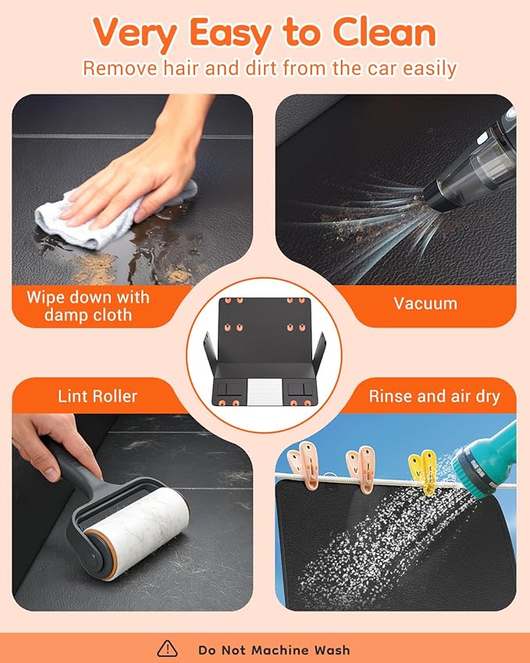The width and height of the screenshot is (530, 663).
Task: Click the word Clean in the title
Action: click(384, 33)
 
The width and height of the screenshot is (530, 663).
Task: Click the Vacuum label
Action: click(425, 304)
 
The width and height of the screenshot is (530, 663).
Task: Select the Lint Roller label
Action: click(98, 396)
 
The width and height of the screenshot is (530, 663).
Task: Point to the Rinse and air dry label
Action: click(435, 396)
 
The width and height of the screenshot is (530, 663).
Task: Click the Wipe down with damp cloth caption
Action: click(88, 306)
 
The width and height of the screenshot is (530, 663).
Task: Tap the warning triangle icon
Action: click(167, 648)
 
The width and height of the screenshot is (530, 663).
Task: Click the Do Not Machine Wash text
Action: click(274, 650)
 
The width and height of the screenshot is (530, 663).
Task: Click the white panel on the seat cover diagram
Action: click(265, 391)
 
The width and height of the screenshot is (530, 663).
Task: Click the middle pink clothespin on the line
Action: click(361, 469)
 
